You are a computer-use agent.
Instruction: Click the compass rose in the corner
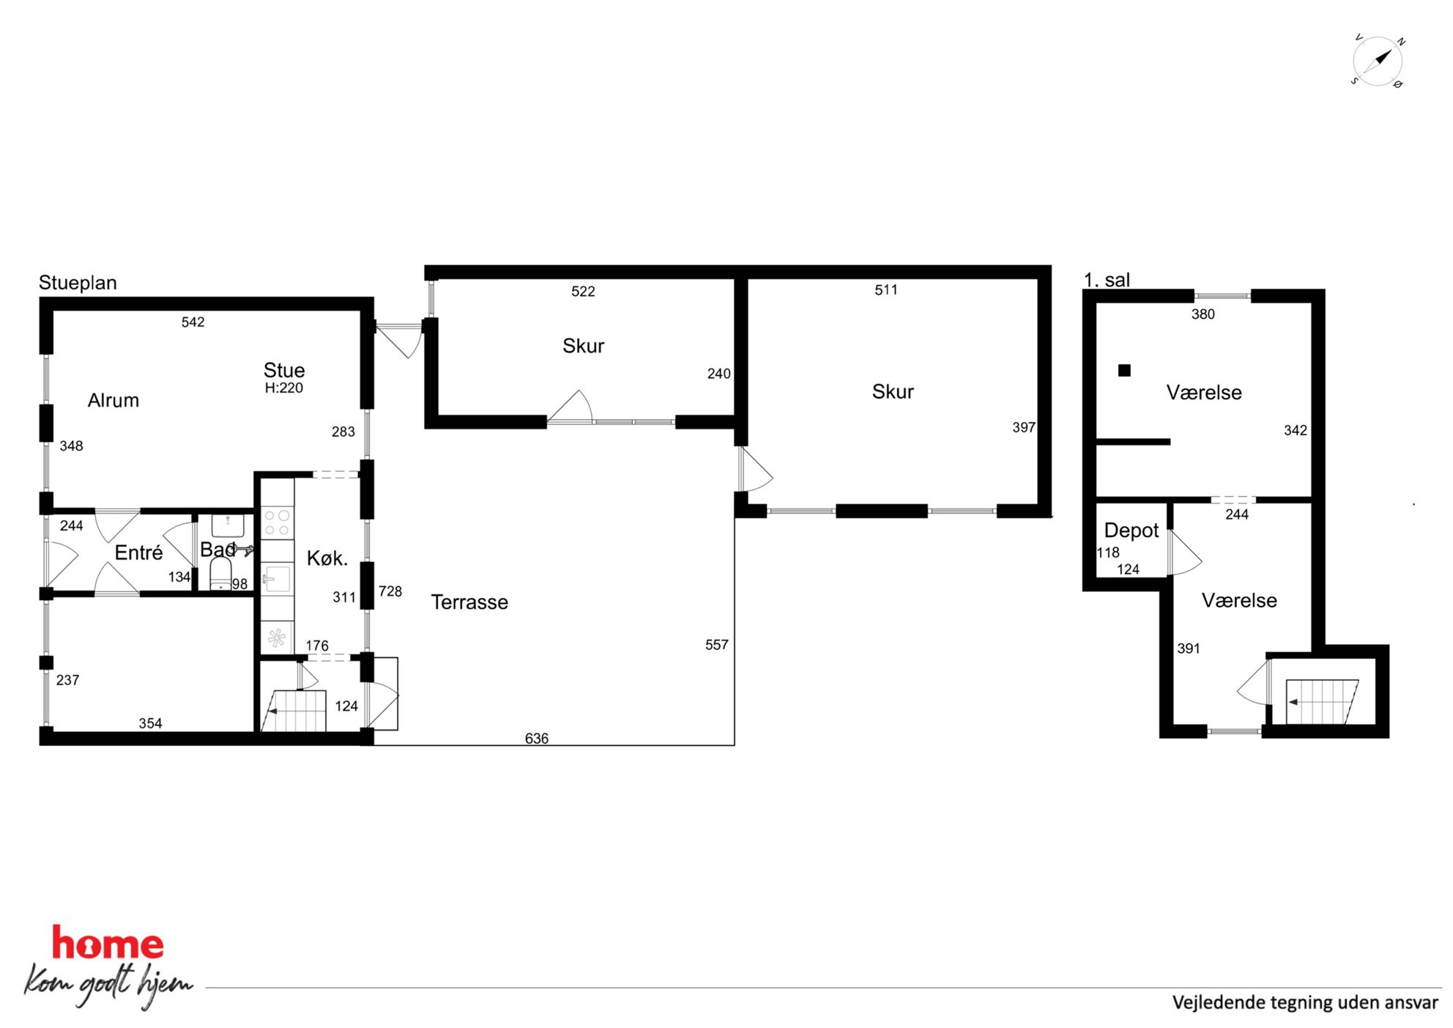coord(1378,61)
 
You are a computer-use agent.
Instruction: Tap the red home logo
coord(108,944)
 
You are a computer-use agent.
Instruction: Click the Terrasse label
coord(469,602)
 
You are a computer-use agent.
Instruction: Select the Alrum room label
coord(114,400)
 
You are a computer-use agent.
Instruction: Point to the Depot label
coord(1131,531)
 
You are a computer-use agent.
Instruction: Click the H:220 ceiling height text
coord(284,388)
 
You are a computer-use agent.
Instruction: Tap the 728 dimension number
coord(390,591)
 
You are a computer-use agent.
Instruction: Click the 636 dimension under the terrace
coord(537,739)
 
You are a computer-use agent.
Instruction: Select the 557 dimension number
coord(717,645)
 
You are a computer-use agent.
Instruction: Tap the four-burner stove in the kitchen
coord(278,522)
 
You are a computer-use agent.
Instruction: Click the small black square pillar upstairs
coord(1124,371)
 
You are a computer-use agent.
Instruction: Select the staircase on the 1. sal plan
coord(1323,702)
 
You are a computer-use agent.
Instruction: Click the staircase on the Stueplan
coord(294,711)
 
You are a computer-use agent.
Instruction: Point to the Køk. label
coord(327,558)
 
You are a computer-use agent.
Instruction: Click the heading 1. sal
coord(1107,280)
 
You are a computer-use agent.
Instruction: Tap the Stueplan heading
coord(78,283)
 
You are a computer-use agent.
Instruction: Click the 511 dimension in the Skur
coord(886,290)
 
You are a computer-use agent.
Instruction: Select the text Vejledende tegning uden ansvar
coord(1305,1002)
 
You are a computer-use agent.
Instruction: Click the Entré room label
coord(138,552)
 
